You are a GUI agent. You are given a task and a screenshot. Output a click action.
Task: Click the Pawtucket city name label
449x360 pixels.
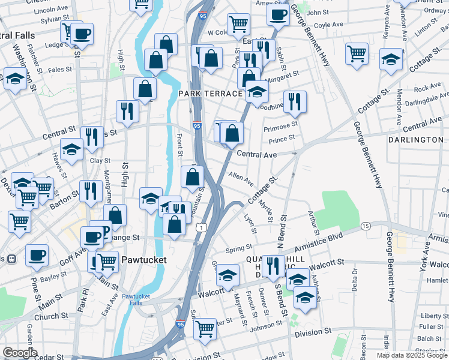pyautogui.click(x=143, y=260)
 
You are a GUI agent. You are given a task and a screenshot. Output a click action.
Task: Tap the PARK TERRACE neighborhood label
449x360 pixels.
pyautogui.click(x=210, y=94)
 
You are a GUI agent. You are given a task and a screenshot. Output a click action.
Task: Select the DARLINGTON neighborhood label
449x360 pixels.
pyautogui.click(x=415, y=140)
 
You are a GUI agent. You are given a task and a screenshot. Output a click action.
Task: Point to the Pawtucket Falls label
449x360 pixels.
pyautogui.click(x=140, y=300)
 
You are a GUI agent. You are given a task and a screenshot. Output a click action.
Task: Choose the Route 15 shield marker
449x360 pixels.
pyautogui.click(x=366, y=226)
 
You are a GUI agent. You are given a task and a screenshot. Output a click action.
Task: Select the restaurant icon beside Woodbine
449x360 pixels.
pyautogui.click(x=295, y=101)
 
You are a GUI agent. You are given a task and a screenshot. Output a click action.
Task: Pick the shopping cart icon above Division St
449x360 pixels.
pyautogui.click(x=205, y=328)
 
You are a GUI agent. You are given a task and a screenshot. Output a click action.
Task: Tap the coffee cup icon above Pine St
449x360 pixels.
pyautogui.click(x=37, y=255)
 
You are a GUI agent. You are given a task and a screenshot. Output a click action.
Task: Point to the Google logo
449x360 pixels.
pyautogui.click(x=20, y=353)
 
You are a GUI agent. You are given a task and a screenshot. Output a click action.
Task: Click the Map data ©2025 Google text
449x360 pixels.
pyautogui.click(x=412, y=355)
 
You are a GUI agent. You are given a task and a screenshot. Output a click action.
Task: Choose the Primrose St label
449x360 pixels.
pyautogui.click(x=281, y=125)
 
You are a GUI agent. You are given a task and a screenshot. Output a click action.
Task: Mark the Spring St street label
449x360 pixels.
pyautogui.click(x=238, y=248)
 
